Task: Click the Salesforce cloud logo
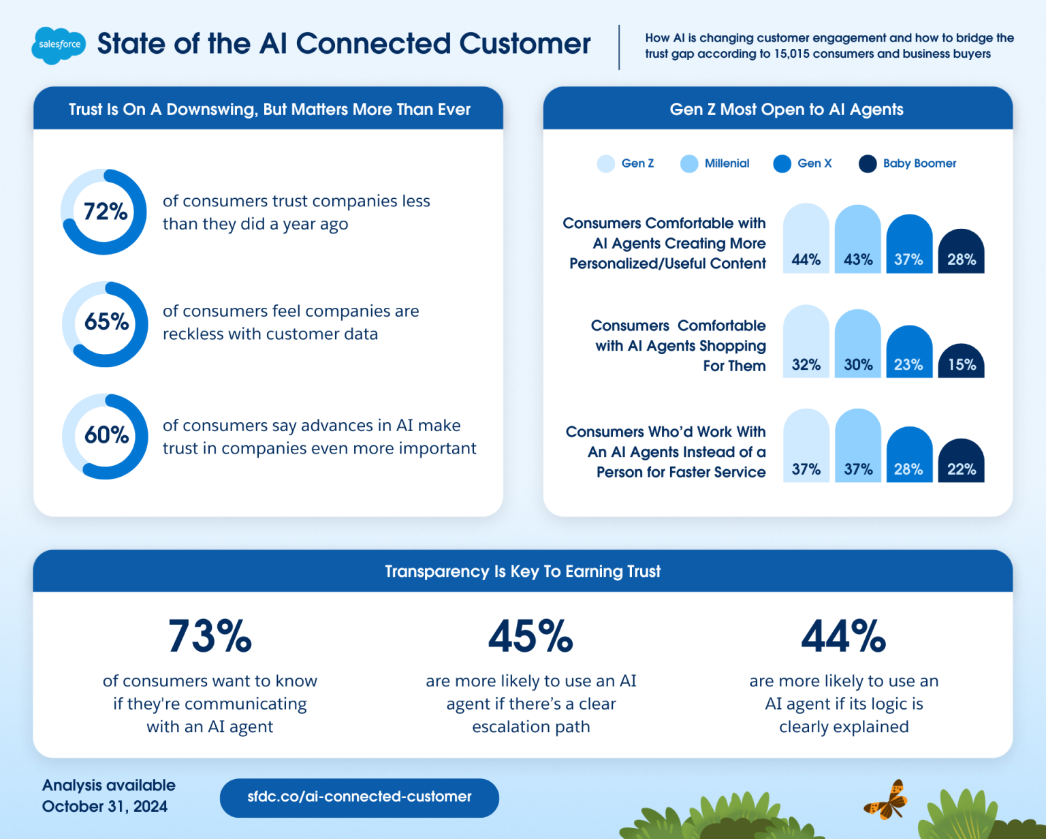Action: pos(59,45)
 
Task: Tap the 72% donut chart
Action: pos(104,212)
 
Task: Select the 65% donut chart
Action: pos(105,324)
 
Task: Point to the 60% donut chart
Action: pos(105,437)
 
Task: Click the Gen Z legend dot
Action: pos(605,163)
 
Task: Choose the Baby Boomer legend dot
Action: pos(868,163)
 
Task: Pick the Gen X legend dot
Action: pos(782,163)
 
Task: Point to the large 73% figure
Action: pos(210,637)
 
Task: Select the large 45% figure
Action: pos(530,637)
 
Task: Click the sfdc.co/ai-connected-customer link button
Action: pos(359,797)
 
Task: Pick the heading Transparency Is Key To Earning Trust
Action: pos(522,571)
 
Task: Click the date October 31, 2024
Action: pos(105,806)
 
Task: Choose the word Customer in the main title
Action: pos(524,44)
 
